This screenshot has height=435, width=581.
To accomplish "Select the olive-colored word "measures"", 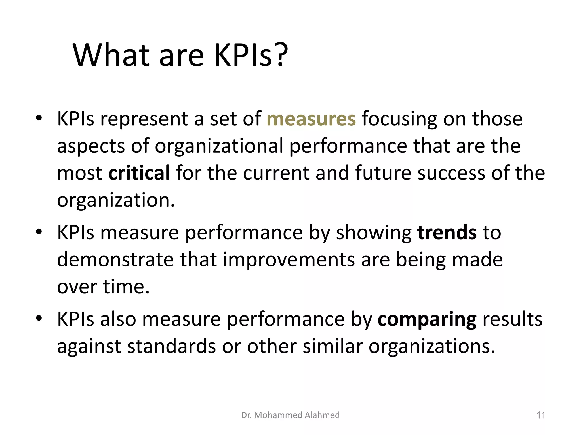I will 311,119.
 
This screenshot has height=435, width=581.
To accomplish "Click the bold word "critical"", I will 139,173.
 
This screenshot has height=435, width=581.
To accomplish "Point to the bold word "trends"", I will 447,233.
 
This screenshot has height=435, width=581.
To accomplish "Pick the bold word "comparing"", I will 427,319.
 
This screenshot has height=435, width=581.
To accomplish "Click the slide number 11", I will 541,415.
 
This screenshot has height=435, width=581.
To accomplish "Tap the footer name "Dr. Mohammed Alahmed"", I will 290,415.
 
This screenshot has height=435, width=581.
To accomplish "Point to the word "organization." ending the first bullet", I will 116,201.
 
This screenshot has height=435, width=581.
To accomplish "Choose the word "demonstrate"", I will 115,260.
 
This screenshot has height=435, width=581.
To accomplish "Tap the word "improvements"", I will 289,260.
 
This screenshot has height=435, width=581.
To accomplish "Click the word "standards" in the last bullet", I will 171,347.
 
